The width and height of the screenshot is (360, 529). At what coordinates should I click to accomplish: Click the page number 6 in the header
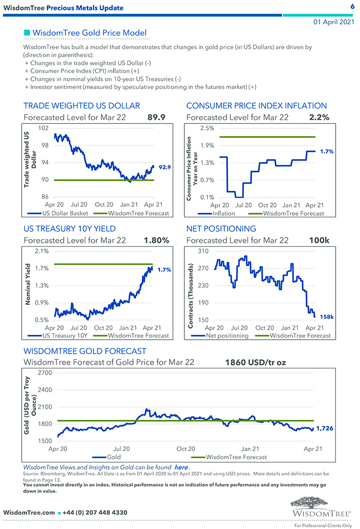pos(352,7)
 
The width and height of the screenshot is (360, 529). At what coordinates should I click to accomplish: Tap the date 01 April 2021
pos(333,22)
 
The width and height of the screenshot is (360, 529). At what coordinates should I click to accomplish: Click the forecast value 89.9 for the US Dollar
pos(157,117)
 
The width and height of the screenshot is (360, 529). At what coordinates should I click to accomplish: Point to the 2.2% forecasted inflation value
pos(320,117)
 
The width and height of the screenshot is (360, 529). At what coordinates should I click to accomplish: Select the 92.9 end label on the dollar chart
pos(164,167)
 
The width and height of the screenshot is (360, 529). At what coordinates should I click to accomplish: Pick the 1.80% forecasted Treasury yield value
pos(156,240)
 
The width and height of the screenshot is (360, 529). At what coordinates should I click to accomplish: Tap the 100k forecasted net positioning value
pos(320,240)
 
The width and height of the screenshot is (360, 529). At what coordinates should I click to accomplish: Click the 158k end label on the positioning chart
pos(327,317)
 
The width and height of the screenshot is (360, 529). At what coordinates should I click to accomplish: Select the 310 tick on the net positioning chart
pos(203,251)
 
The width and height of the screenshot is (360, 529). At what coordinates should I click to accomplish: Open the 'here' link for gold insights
pos(181,468)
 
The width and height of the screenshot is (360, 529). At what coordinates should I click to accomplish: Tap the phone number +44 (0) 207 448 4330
pos(95,512)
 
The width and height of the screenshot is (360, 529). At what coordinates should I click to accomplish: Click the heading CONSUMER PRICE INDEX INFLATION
pos(256,106)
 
